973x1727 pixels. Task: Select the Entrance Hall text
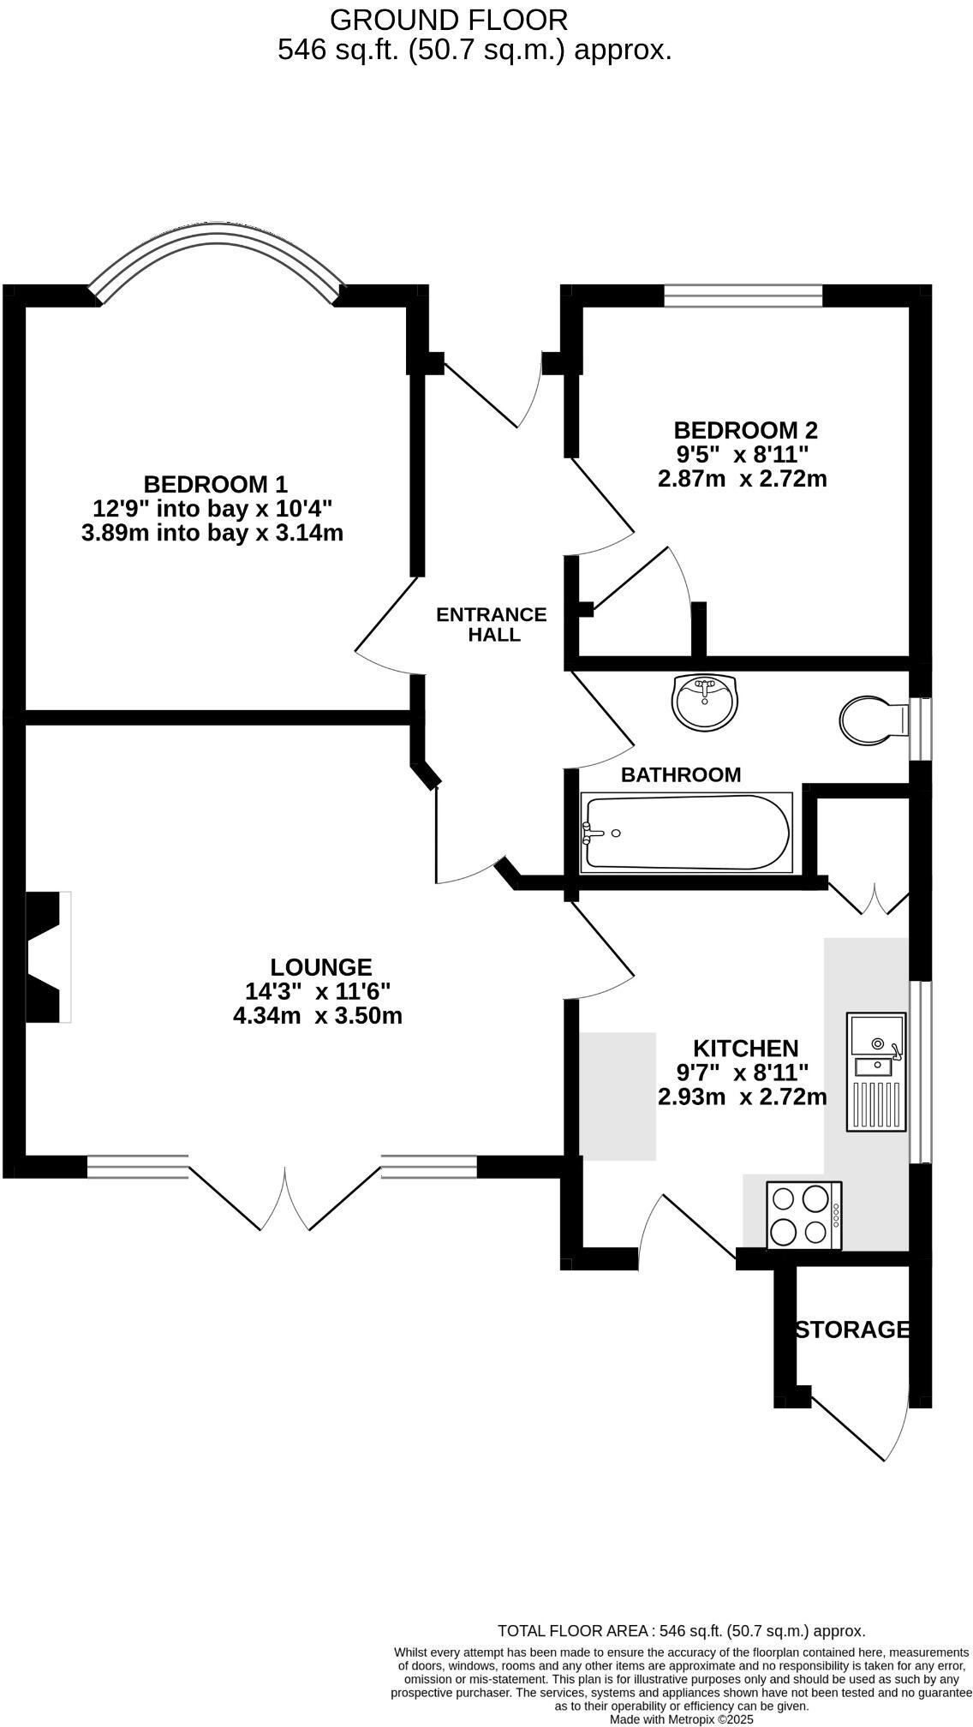click(x=491, y=624)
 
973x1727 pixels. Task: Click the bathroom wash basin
click(x=704, y=702)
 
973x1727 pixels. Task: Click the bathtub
click(x=686, y=833)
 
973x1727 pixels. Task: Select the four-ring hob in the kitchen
click(x=804, y=1215)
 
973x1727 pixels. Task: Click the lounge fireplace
click(x=47, y=956)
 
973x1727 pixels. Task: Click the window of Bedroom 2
click(x=743, y=296)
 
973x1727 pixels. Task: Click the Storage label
click(x=851, y=1330)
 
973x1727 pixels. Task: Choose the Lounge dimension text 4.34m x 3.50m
click(x=318, y=1016)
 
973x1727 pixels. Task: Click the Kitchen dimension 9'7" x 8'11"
click(x=743, y=1072)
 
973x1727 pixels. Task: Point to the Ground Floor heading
click(x=448, y=20)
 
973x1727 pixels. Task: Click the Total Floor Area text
click(x=681, y=1631)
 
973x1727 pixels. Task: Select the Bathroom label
click(x=681, y=774)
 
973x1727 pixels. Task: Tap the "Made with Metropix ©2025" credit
click(x=681, y=1718)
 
